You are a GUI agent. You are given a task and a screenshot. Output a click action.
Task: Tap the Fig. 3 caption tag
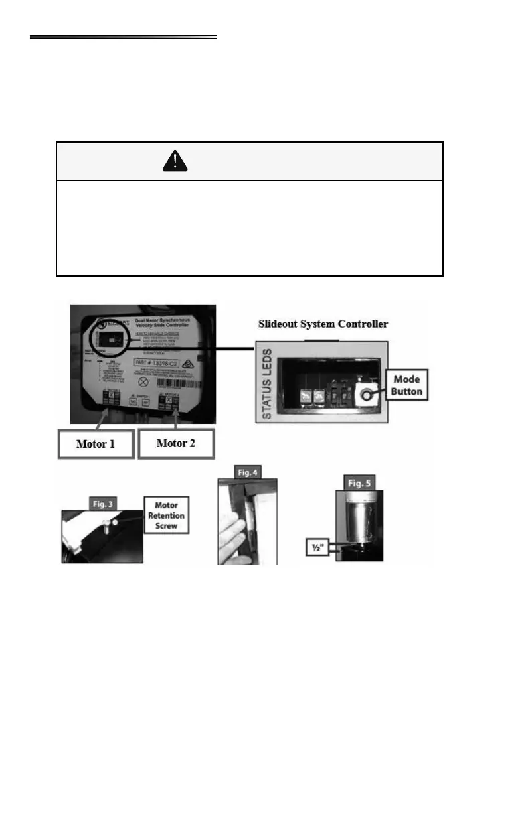pos(97,502)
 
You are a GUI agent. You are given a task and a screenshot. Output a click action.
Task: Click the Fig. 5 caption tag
pos(359,482)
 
